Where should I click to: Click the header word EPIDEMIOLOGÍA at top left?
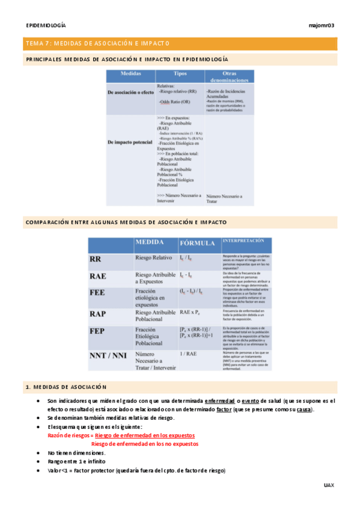pos(46,25)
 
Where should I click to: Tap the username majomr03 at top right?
pos(320,25)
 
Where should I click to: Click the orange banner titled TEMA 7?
pos(180,43)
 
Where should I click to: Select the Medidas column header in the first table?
pos(131,74)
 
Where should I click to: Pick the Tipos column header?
pos(180,74)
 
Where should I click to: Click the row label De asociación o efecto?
pos(130,93)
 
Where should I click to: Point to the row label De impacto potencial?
pos(130,142)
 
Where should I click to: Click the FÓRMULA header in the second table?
pos(197,244)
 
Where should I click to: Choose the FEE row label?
pos(97,293)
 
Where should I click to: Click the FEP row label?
pos(97,331)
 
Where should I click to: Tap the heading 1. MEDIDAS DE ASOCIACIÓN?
pos(66,386)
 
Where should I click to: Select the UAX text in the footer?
pos(328,484)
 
